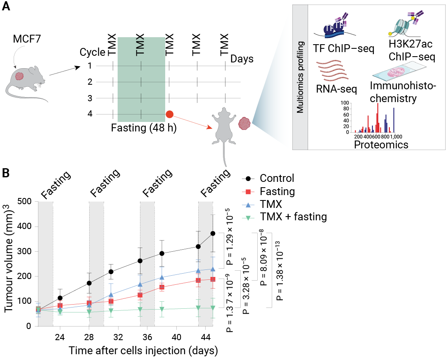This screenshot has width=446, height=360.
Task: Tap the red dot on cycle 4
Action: [x=169, y=114]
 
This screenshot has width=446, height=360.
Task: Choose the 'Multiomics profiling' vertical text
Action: [x=301, y=76]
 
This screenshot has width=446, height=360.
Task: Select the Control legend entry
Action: [x=277, y=179]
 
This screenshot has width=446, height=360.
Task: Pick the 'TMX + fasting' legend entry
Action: [x=293, y=216]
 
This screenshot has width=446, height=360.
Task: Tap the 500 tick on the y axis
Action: [x=25, y=202]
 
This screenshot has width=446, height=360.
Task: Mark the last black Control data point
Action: [x=213, y=234]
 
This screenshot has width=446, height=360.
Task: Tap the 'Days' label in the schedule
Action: [x=242, y=59]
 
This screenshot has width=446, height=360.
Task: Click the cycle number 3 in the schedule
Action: [x=89, y=98]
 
